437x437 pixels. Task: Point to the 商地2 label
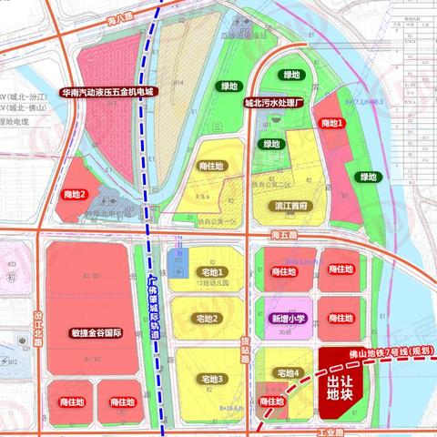(75, 194)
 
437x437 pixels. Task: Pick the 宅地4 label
(285, 373)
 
